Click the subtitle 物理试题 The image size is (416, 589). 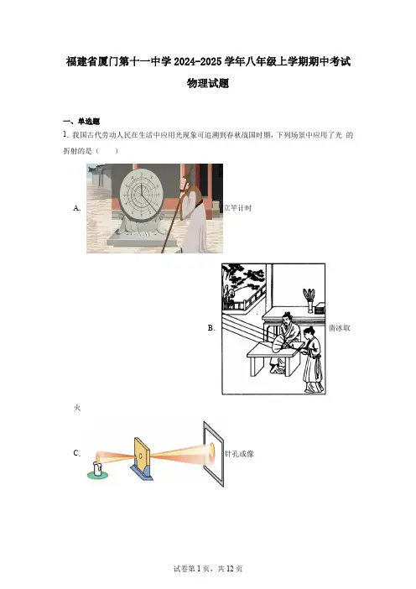click(208, 83)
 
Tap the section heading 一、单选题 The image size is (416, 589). click(81, 122)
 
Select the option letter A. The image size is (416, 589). click(77, 208)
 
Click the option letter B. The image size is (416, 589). click(211, 328)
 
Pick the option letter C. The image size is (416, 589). click(77, 453)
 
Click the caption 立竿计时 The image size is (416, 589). click(237, 208)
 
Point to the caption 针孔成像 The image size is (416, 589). click(240, 454)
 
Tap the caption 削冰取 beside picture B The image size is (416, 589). click(340, 328)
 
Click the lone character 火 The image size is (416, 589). click(77, 408)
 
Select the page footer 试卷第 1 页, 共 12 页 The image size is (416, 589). click(208, 569)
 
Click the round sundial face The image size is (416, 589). click(142, 193)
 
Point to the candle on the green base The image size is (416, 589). click(97, 467)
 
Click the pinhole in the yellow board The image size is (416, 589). click(140, 456)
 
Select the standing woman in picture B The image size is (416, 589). click(313, 359)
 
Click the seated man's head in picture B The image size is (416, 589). click(288, 319)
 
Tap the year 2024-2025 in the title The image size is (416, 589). click(197, 61)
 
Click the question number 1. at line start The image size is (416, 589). click(65, 135)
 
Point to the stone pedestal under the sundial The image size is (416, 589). click(141, 230)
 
